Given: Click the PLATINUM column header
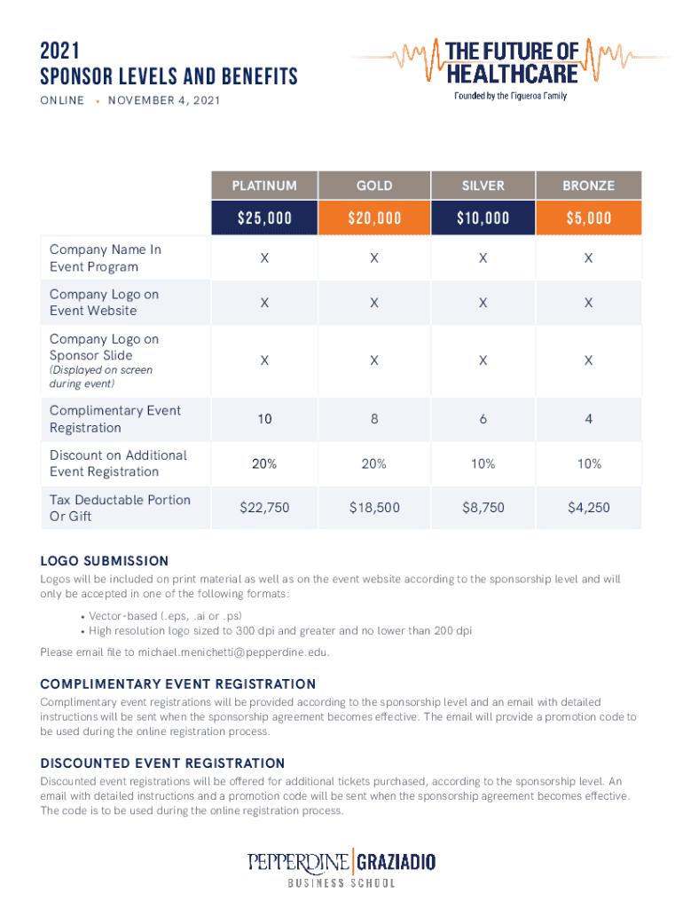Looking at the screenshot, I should point(264,186).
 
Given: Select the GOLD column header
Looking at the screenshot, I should point(374,186).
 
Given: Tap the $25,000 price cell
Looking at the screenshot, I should point(264,218).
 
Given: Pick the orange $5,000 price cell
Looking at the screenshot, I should point(589,218).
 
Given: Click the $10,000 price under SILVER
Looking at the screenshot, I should point(483,218).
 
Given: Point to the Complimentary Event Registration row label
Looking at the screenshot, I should point(115,419).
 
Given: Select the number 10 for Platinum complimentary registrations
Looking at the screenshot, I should point(264,419).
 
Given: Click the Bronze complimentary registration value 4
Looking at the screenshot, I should point(589,419).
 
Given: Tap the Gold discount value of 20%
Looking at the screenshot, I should point(374,463).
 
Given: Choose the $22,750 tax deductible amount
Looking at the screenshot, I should point(264,508).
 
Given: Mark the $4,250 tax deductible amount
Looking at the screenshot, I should point(589,508).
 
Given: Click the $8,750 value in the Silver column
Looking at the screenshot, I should point(483,508).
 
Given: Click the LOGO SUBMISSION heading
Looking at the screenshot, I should point(105,561).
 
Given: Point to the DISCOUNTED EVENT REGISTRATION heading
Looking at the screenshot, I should point(162,763).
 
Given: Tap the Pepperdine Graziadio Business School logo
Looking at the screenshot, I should point(341,868).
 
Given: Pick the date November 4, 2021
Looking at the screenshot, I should point(163,100).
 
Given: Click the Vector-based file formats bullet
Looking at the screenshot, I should point(161,615).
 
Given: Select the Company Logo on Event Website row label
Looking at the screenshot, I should point(105,303).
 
